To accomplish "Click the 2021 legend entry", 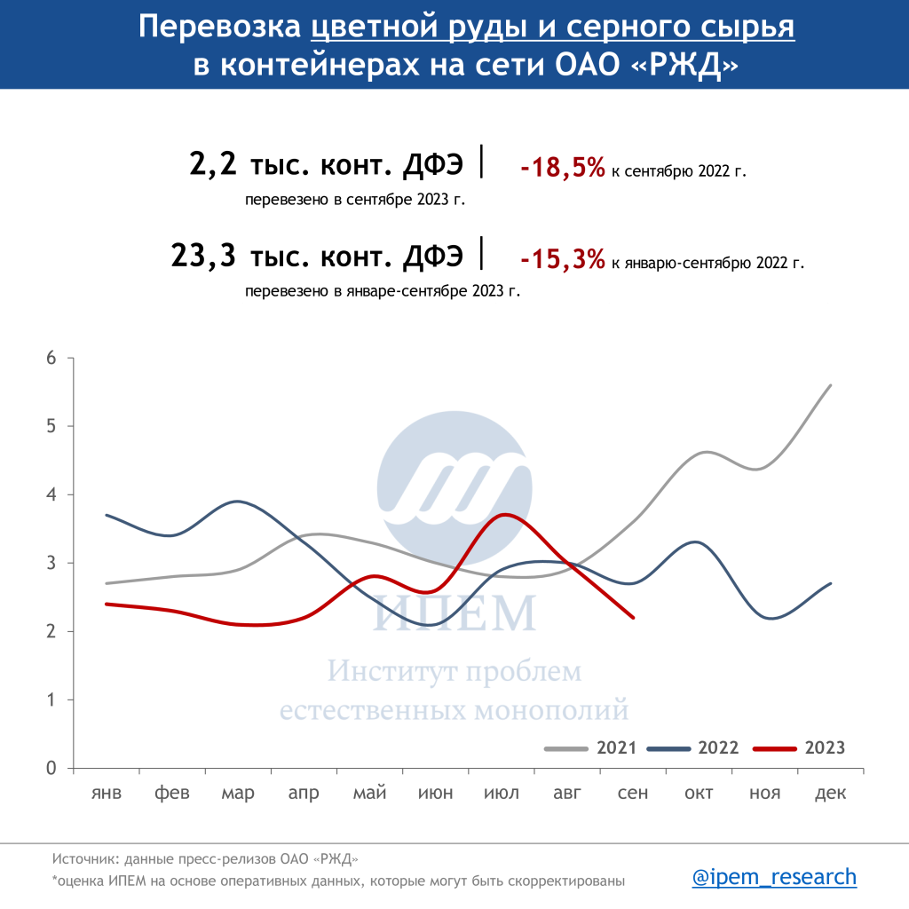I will coord(616,747).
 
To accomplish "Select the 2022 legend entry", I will coord(718,747).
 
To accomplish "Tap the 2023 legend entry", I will coord(824,747).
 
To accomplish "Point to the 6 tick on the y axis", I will coord(51,359).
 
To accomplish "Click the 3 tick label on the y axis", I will coord(51,563).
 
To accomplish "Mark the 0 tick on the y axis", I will coord(51,768).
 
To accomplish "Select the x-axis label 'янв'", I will coord(106,793).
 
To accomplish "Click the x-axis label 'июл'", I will coord(502,793).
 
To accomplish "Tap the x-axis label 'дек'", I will coord(831,793).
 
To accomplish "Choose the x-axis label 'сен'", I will coord(633,793).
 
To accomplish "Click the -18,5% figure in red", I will coord(562,167).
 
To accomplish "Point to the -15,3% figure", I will coord(562,260).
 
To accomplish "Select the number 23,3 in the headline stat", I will coord(203,257).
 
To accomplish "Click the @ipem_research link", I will coord(774,877).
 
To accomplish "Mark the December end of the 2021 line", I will coord(830,385).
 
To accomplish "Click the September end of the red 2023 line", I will coord(633,618).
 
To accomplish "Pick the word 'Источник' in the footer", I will coord(85,858).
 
